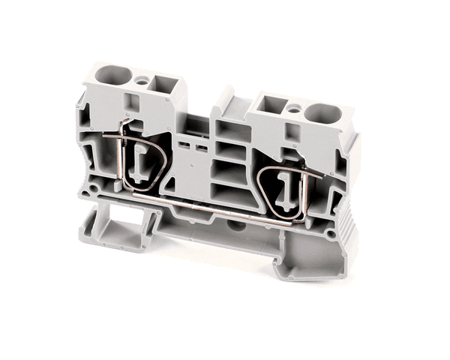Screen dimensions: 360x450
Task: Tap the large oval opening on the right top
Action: pyautogui.click(x=324, y=115)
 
